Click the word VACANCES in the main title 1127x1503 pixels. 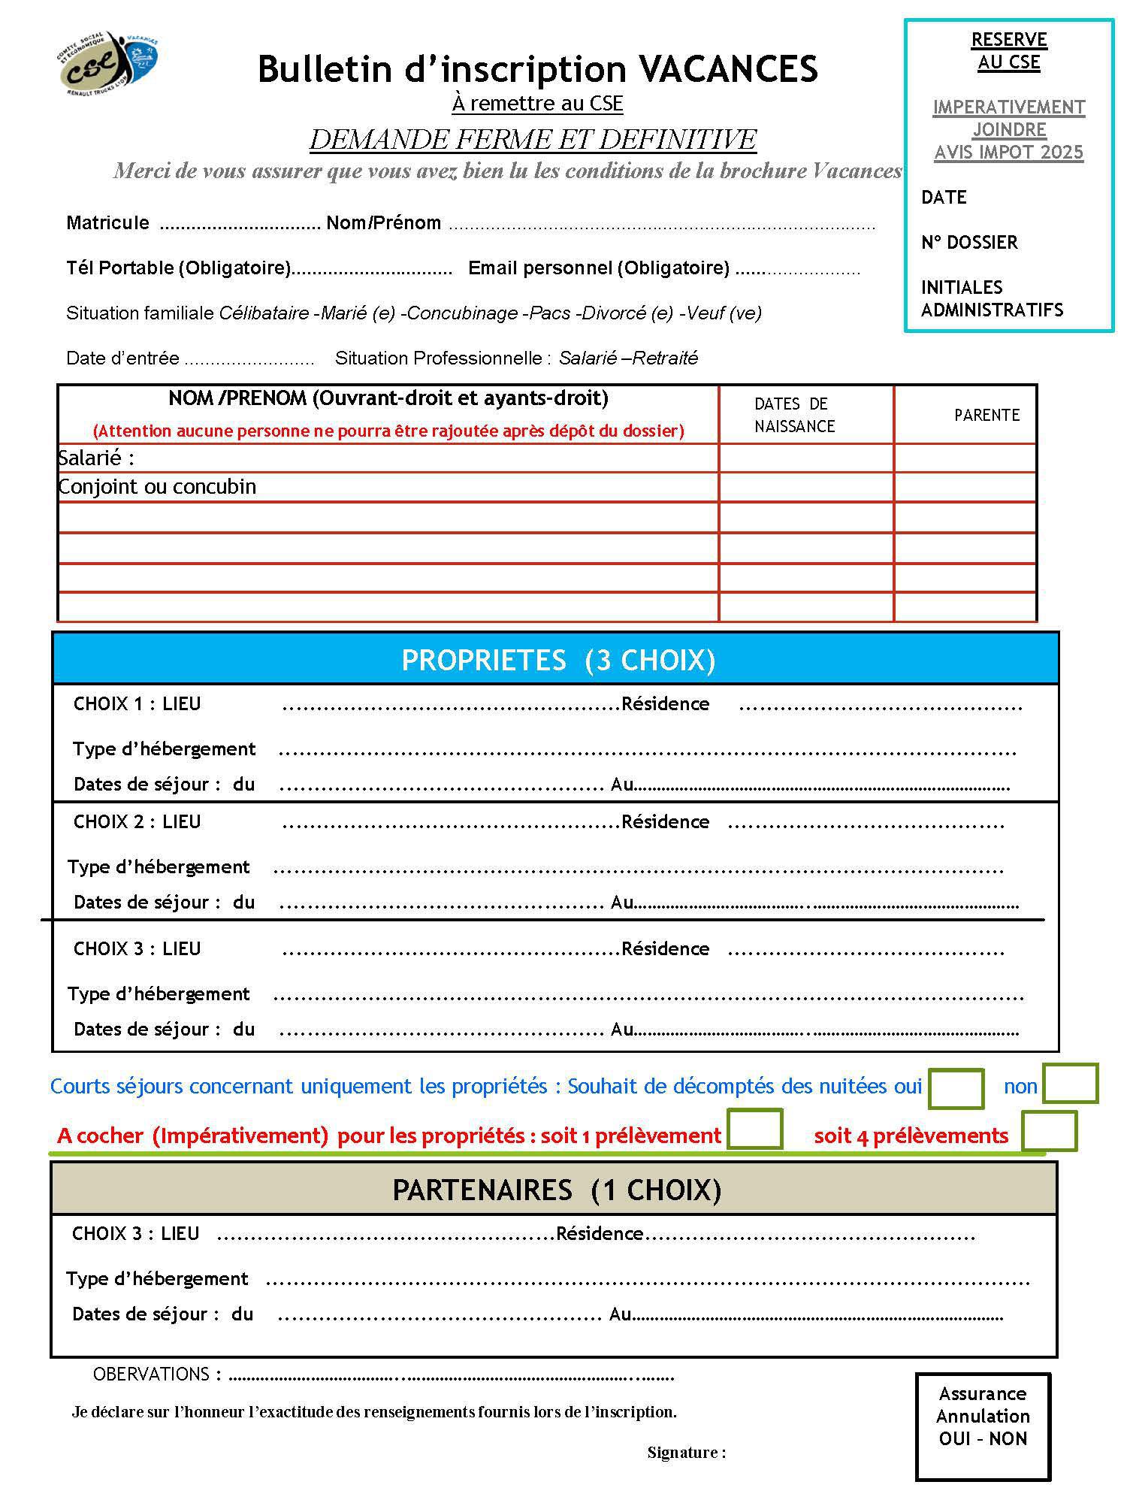point(727,69)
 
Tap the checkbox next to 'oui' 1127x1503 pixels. point(956,1088)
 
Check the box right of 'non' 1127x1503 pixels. point(1071,1083)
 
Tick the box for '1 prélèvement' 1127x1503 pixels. point(755,1129)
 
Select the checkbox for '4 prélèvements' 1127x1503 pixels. point(1049,1131)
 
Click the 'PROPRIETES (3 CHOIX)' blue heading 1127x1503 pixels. point(557,660)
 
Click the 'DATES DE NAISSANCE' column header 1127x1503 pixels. point(794,415)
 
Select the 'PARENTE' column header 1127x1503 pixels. point(987,415)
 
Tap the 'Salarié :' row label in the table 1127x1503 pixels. point(96,458)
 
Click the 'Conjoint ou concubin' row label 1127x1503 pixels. point(157,487)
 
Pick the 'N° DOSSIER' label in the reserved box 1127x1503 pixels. point(969,242)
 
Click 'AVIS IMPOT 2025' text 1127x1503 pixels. point(1008,152)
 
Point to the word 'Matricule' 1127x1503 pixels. point(107,222)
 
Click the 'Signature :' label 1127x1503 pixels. point(686,1452)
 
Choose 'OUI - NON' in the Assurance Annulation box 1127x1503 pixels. point(982,1438)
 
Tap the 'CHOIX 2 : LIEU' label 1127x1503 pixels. point(137,821)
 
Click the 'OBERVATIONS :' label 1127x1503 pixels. point(157,1374)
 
